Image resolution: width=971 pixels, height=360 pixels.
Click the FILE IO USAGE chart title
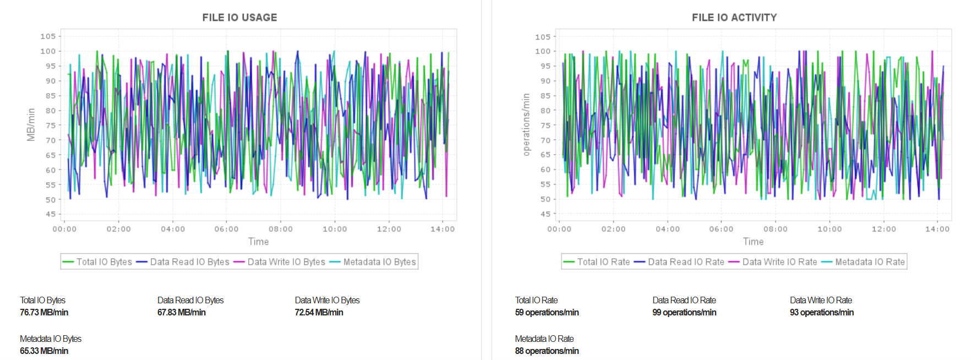(239, 18)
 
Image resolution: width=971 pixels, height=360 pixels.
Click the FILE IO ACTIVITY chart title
(734, 18)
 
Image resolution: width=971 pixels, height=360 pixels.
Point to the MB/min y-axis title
(31, 124)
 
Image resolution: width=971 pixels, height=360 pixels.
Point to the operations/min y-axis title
(526, 124)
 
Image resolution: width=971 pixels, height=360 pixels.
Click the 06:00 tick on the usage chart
(226, 229)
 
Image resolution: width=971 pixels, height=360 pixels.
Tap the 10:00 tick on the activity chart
(829, 229)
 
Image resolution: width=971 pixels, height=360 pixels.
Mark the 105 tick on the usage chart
(48, 36)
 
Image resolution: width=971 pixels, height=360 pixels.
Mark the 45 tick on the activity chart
(545, 214)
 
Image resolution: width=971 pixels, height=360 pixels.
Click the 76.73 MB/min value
(44, 312)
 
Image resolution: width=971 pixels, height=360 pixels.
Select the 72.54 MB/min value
(319, 312)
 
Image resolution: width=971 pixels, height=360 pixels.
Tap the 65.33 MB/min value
(44, 351)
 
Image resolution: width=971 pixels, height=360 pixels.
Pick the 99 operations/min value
(684, 312)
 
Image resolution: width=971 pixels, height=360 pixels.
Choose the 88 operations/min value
(547, 351)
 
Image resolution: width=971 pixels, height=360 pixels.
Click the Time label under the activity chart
(753, 242)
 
